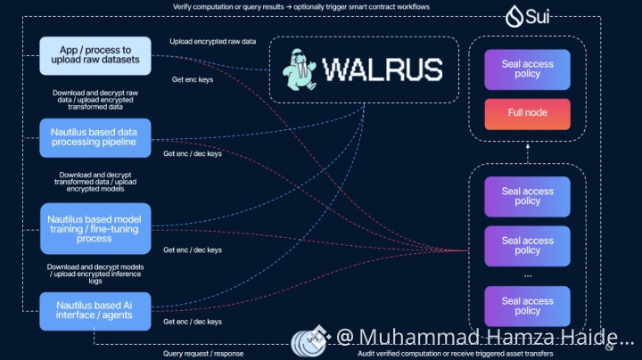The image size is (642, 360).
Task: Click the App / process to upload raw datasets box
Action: pyautogui.click(x=95, y=54)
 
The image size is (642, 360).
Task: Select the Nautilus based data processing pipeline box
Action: pyautogui.click(x=95, y=138)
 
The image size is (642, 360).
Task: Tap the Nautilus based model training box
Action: pyautogui.click(x=95, y=227)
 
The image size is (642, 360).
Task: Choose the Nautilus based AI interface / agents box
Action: pyautogui.click(x=95, y=310)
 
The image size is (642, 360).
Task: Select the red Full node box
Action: pyautogui.click(x=527, y=113)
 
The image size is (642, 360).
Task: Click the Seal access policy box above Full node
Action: pyautogui.click(x=527, y=70)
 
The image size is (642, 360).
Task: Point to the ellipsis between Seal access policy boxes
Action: pyautogui.click(x=527, y=274)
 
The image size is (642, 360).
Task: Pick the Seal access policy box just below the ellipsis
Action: pyautogui.click(x=527, y=306)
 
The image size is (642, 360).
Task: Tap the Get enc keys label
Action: pyautogui.click(x=192, y=79)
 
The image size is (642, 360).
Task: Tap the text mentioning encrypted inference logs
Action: pyautogui.click(x=95, y=273)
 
